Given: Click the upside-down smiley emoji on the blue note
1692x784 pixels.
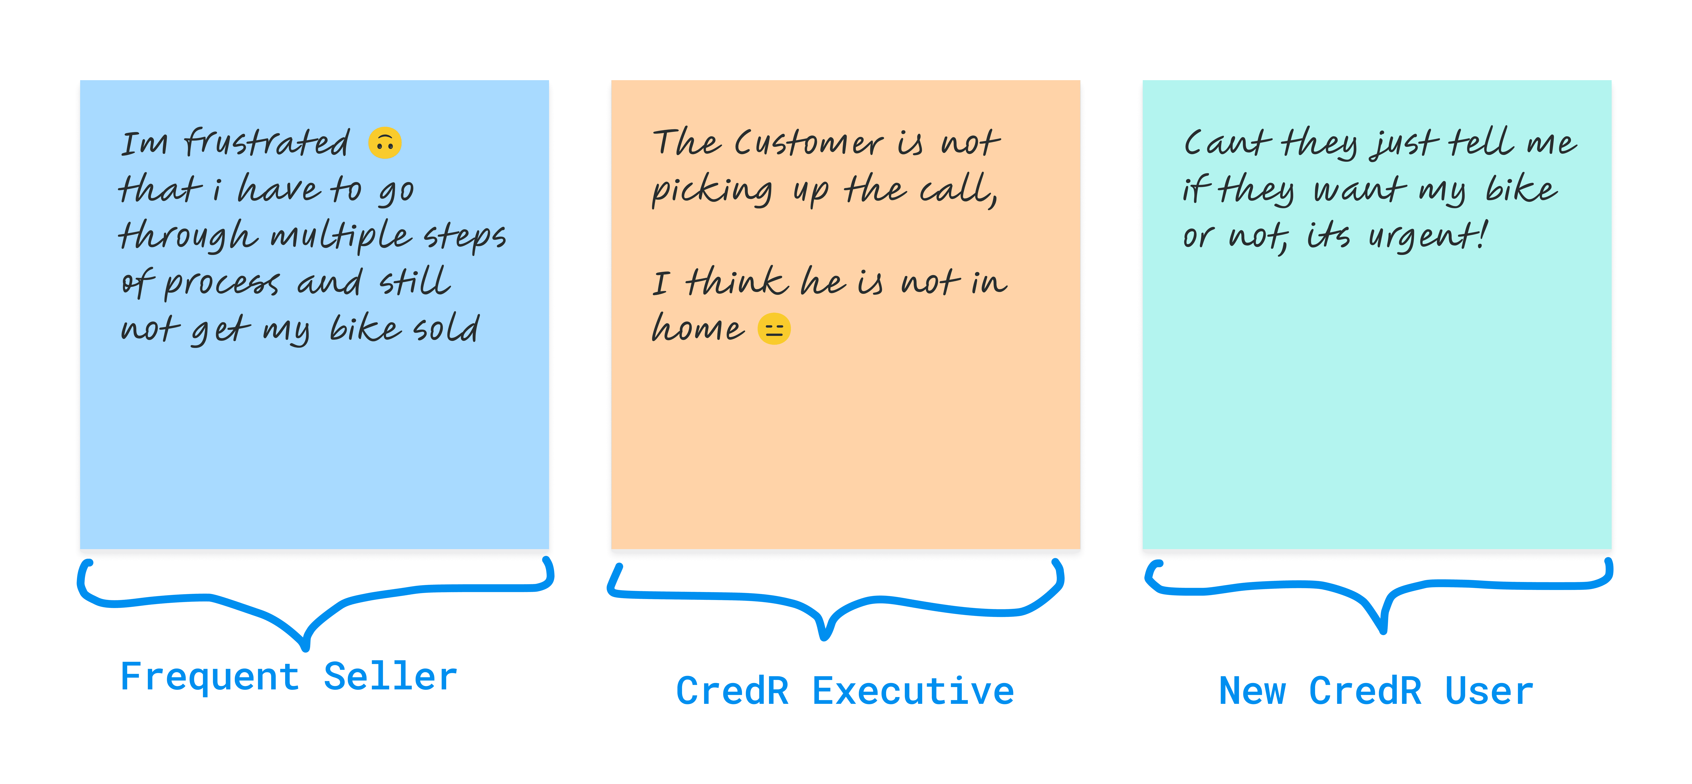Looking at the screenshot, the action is click(385, 143).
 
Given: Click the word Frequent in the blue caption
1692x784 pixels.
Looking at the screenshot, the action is click(210, 677).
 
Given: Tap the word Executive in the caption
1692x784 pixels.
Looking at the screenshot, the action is click(913, 691).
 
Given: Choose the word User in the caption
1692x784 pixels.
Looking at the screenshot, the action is click(1489, 691).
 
